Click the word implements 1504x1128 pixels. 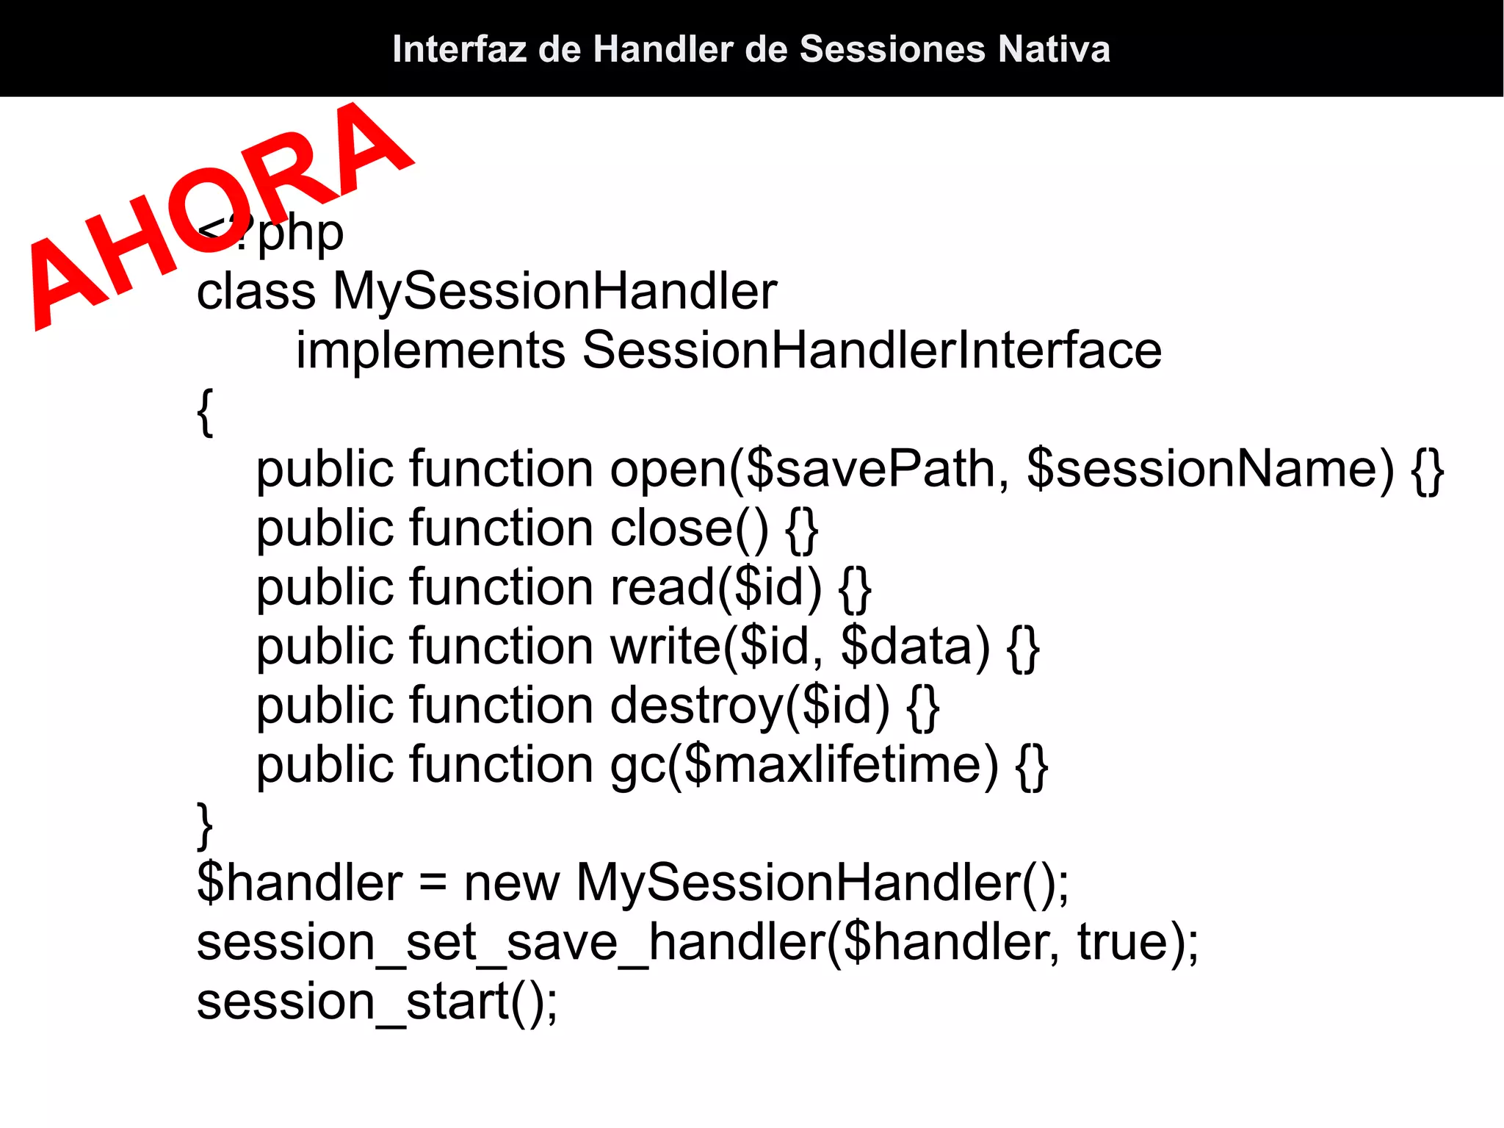pos(430,350)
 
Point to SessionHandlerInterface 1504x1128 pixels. pos(872,350)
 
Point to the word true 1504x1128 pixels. pos(1123,942)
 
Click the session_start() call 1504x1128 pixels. pos(377,1002)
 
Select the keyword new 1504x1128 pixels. pos(512,883)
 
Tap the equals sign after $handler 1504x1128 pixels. pos(433,884)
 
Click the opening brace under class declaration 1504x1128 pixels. pos(206,412)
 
